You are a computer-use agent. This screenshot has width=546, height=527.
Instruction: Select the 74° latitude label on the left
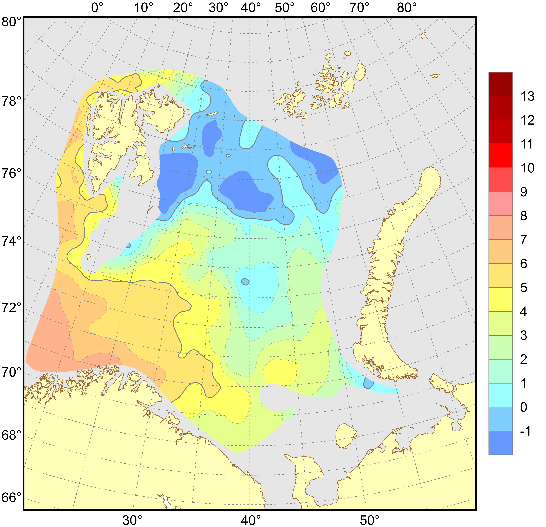point(11,241)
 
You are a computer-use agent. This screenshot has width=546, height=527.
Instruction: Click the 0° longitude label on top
point(97,8)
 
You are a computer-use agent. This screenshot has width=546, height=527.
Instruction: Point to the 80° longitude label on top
point(407,8)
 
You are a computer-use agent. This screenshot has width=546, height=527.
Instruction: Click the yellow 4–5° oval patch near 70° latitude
point(281,372)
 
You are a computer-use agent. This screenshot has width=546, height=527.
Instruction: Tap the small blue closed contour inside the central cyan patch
point(245,282)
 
